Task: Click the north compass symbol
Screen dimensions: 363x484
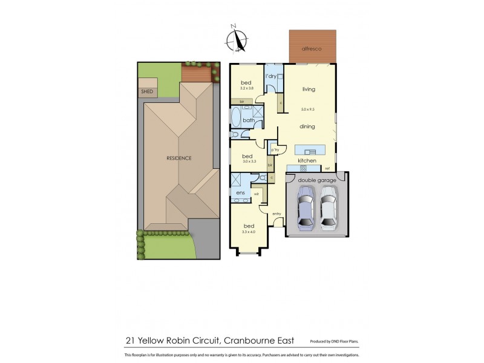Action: tap(237, 39)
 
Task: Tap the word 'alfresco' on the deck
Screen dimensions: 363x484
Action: tap(312, 48)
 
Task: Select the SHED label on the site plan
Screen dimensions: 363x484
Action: tap(147, 92)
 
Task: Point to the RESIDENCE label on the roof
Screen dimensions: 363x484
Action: tap(179, 159)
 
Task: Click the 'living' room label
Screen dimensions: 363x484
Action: tap(309, 90)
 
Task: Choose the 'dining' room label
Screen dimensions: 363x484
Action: tap(309, 127)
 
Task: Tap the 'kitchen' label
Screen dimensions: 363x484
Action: tap(307, 160)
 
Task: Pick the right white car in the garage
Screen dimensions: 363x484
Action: tap(329, 208)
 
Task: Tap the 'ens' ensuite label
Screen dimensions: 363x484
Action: tap(240, 193)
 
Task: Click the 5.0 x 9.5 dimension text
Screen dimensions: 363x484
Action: tap(309, 110)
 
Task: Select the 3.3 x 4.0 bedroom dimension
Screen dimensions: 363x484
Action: tap(249, 232)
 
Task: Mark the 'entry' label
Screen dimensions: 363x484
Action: tap(276, 214)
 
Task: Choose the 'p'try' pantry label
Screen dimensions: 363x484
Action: tap(275, 149)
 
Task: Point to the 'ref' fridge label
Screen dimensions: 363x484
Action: tap(327, 168)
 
